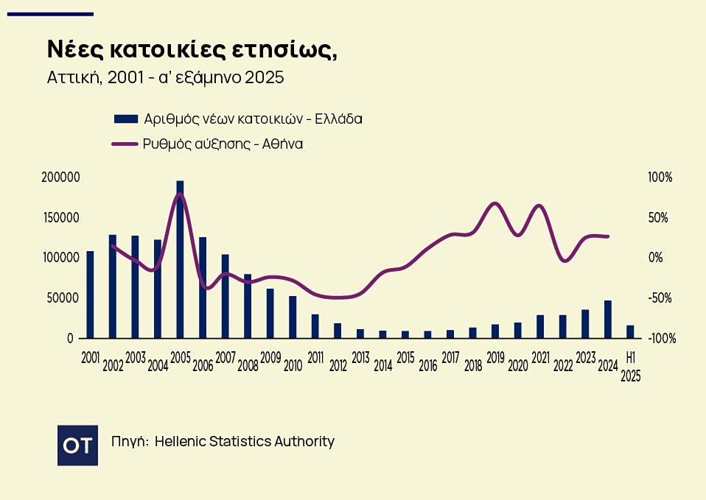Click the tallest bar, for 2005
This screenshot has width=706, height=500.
(180, 259)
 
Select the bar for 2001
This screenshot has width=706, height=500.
(90, 295)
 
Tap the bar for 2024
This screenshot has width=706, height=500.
(608, 319)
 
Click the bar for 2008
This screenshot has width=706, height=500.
(248, 306)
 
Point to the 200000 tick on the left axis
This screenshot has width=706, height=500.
(62, 178)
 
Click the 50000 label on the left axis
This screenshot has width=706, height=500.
(64, 298)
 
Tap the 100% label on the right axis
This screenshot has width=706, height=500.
(660, 178)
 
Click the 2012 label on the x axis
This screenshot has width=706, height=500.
(338, 365)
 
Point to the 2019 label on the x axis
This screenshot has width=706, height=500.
(495, 358)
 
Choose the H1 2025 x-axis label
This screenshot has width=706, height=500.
(630, 366)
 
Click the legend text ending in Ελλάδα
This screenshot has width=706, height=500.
(253, 119)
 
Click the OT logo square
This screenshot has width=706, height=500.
(77, 445)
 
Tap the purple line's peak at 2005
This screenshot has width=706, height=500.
(181, 194)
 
